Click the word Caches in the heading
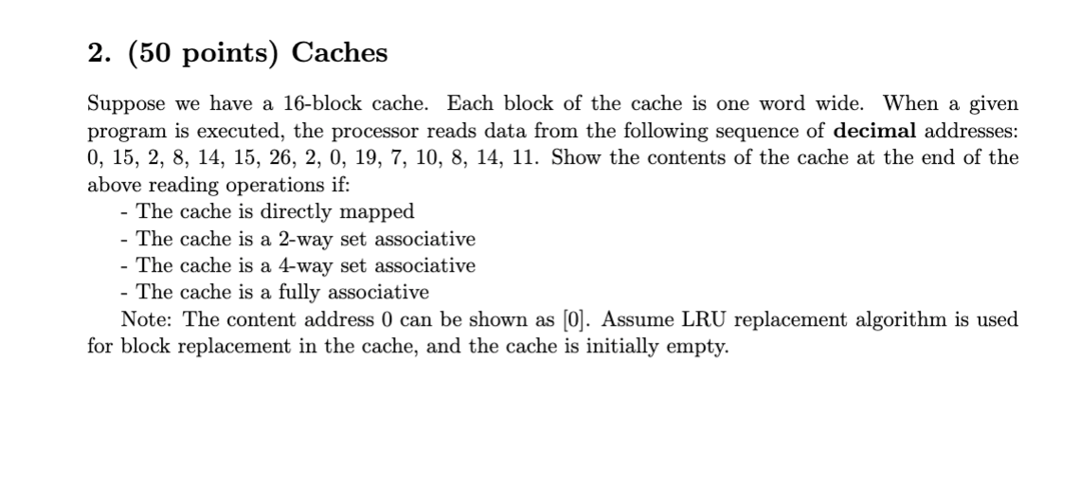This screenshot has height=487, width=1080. [339, 53]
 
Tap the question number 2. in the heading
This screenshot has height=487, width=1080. [96, 53]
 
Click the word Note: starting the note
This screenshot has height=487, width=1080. [149, 319]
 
